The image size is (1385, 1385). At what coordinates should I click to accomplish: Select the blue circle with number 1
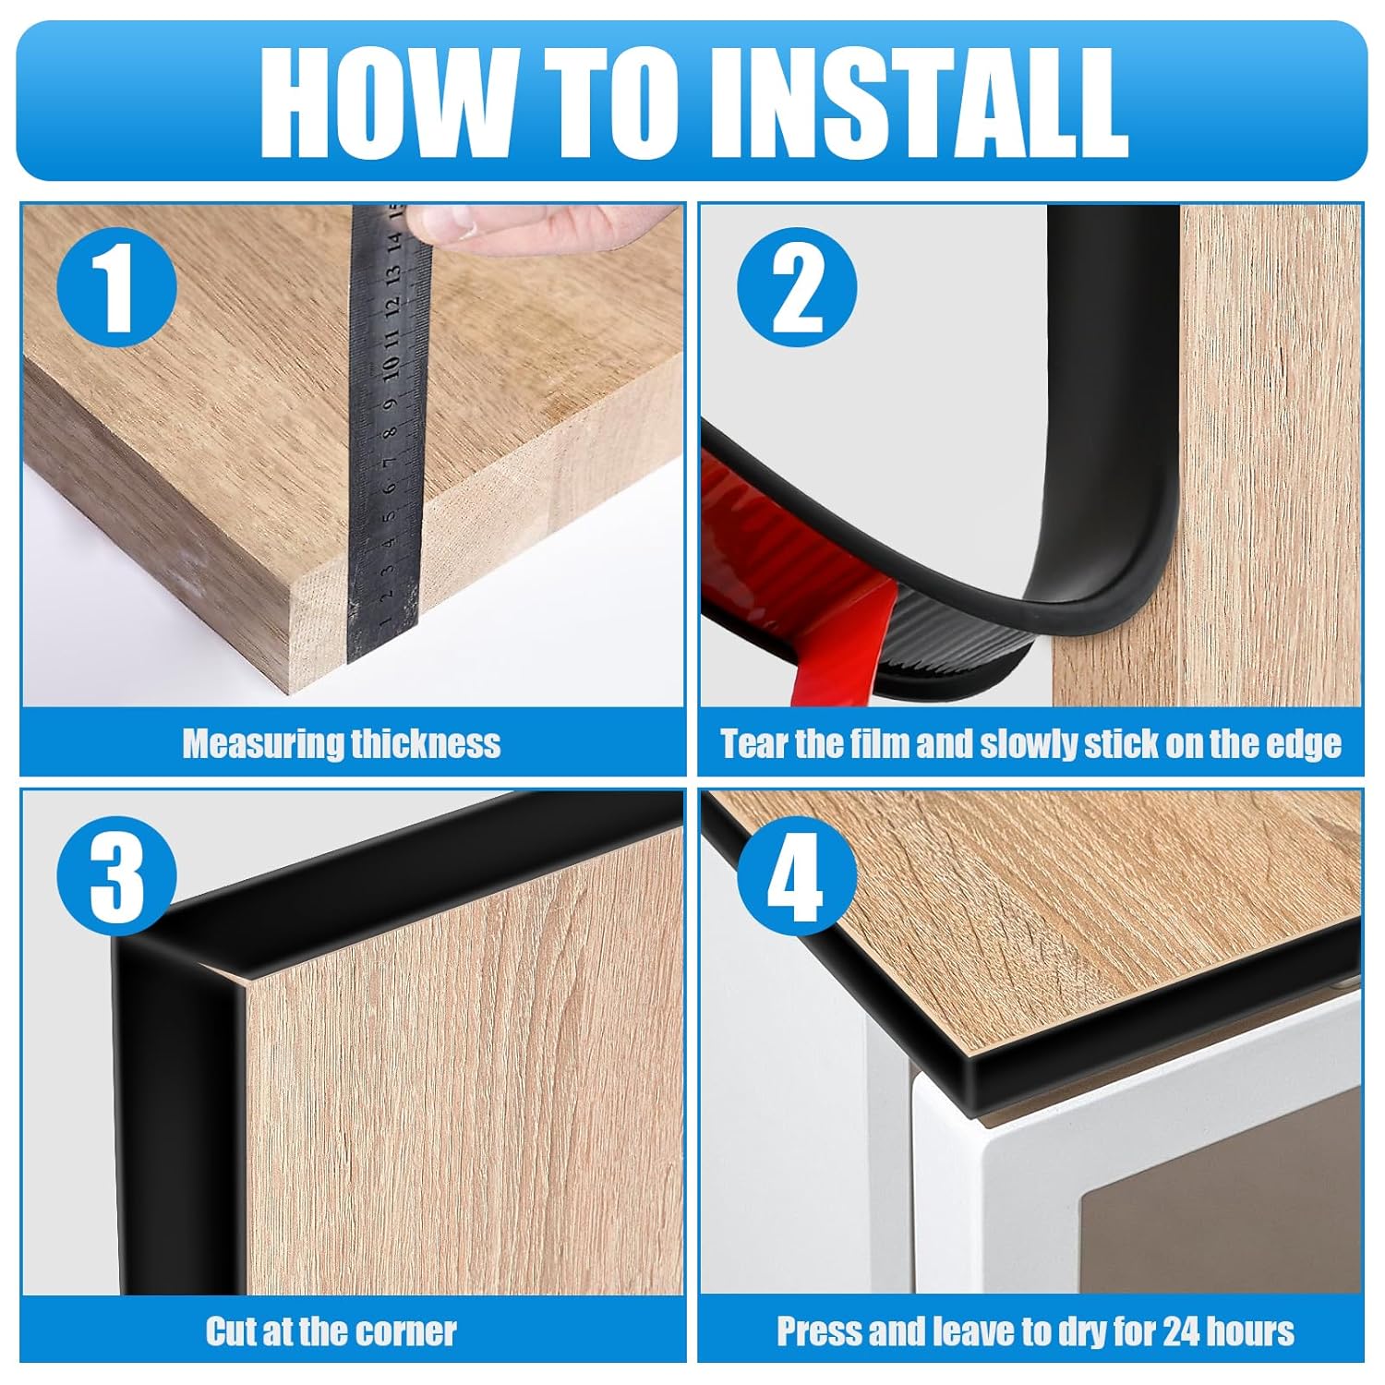tap(117, 287)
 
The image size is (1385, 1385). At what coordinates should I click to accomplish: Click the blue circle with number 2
tap(797, 287)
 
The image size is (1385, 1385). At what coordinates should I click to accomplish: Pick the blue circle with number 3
tap(117, 874)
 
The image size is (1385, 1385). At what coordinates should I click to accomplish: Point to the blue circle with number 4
tap(797, 874)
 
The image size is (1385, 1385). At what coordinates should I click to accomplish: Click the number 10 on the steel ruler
tap(391, 367)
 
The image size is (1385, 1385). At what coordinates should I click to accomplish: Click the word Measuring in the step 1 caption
tap(261, 743)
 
